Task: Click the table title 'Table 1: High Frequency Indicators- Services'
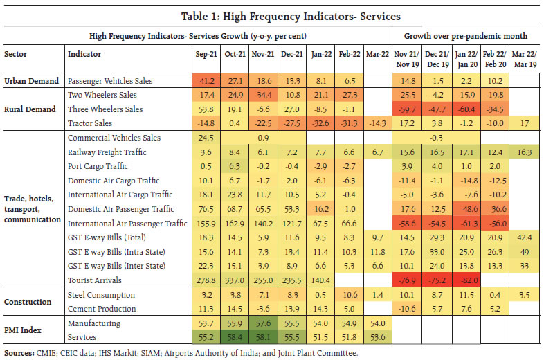pyautogui.click(x=271, y=15)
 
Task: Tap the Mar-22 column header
pyautogui.click(x=374, y=54)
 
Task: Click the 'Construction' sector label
pyautogui.click(x=28, y=302)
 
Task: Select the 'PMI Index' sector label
pyautogui.click(x=24, y=330)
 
